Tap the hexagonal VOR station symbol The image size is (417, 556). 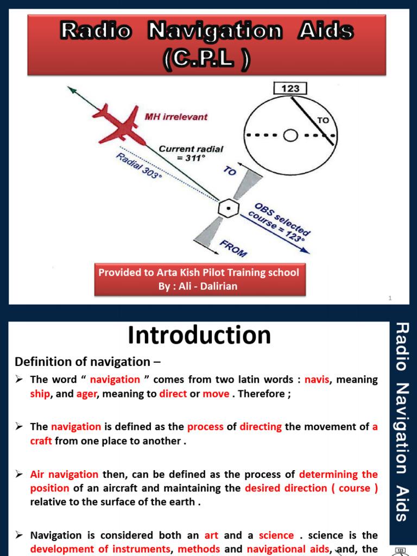click(229, 208)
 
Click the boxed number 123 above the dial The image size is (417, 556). click(290, 89)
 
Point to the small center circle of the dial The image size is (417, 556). click(291, 135)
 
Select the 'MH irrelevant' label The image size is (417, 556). click(175, 116)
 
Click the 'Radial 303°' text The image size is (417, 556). click(139, 168)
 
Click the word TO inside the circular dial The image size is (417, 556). click(323, 120)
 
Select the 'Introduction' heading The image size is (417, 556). click(199, 335)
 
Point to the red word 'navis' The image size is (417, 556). click(317, 380)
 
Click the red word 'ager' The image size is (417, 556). click(86, 394)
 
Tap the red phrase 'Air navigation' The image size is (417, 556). click(64, 474)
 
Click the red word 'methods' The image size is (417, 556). click(199, 549)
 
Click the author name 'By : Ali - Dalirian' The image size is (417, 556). click(198, 286)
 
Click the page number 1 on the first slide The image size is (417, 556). click(390, 298)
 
